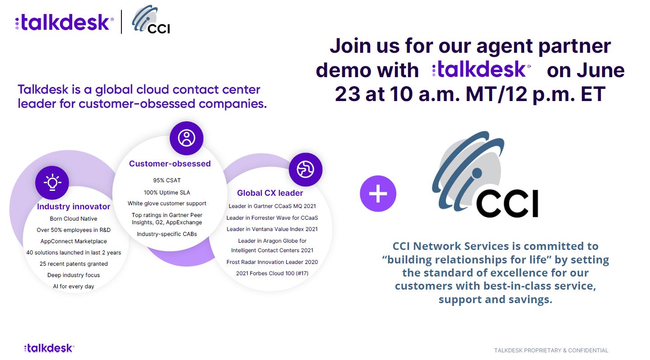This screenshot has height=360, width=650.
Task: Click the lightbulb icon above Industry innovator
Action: pos(52,182)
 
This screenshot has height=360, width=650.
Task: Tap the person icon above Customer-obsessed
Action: pos(186,138)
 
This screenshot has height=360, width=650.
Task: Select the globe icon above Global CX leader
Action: pos(306,170)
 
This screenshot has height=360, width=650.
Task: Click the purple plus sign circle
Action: pos(378,194)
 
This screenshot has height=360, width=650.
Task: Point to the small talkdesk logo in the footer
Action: pos(49,348)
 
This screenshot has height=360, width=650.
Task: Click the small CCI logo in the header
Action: pos(151,19)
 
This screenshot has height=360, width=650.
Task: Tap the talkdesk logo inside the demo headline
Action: pos(481,69)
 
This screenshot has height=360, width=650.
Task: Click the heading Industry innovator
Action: pos(74,207)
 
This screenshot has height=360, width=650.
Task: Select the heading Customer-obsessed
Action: pos(170,164)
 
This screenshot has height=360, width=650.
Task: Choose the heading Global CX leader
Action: pos(270,193)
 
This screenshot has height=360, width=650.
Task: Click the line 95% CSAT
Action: pos(167,180)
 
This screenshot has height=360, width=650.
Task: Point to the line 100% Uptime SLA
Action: pos(167,193)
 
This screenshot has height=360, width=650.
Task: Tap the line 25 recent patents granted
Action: pos(74,264)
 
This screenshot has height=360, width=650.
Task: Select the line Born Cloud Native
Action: pos(74,219)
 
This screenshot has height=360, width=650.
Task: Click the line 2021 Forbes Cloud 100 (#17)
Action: pos(272,273)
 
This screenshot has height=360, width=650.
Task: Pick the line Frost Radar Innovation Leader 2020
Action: pos(272,262)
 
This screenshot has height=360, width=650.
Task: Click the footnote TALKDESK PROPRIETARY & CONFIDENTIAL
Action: pos(551,351)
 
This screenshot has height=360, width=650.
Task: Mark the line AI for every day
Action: pos(74,286)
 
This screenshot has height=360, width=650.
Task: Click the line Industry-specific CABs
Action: pos(167,234)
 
